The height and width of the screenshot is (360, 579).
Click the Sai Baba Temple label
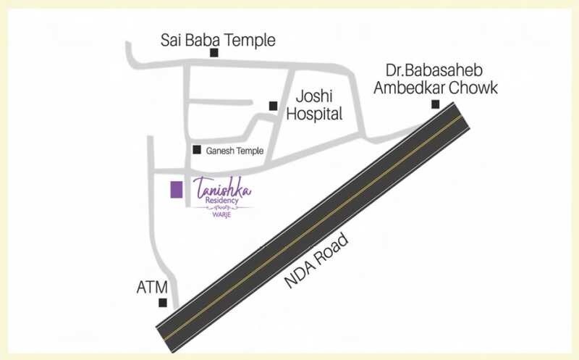pyautogui.click(x=218, y=40)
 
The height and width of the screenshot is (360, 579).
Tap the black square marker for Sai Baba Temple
pyautogui.click(x=214, y=52)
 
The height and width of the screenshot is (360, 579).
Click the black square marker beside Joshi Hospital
pyautogui.click(x=273, y=106)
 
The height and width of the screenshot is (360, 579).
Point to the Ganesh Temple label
pyautogui.click(x=234, y=151)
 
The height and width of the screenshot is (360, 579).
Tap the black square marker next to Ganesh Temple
pyautogui.click(x=196, y=150)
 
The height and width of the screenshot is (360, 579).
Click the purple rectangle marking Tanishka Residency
pyautogui.click(x=175, y=190)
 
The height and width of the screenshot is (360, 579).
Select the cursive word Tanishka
pyautogui.click(x=223, y=191)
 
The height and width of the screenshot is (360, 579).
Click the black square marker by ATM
pyautogui.click(x=163, y=303)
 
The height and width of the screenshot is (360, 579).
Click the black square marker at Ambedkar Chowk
pyautogui.click(x=436, y=104)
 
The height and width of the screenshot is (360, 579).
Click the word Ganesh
pyautogui.click(x=219, y=151)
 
